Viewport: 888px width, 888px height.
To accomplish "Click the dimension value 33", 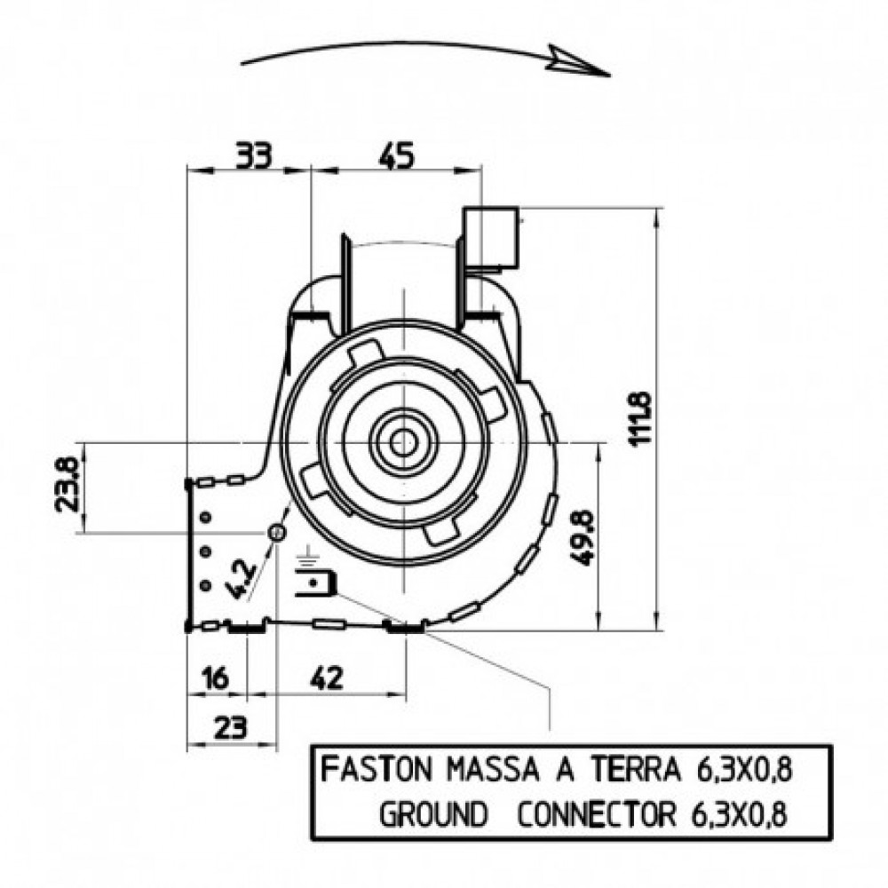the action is point(254,155).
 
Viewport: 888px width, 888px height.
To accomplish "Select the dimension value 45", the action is point(396,155).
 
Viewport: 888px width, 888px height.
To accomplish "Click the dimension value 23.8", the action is point(67,485).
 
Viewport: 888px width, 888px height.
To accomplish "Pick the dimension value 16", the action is point(215,678).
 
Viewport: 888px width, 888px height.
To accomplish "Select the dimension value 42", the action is point(327,678).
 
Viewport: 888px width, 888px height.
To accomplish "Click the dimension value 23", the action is point(231,727).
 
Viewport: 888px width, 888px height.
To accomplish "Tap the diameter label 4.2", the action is point(242,579).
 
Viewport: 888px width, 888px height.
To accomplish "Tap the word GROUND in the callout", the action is point(433,815).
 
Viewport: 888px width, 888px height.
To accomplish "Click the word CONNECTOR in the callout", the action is point(598,815).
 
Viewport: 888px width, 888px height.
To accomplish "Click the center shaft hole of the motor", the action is point(402,442).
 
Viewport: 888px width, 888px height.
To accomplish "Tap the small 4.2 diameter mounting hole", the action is point(276,532).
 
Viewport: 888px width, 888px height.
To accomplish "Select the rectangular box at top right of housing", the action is point(491,237).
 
